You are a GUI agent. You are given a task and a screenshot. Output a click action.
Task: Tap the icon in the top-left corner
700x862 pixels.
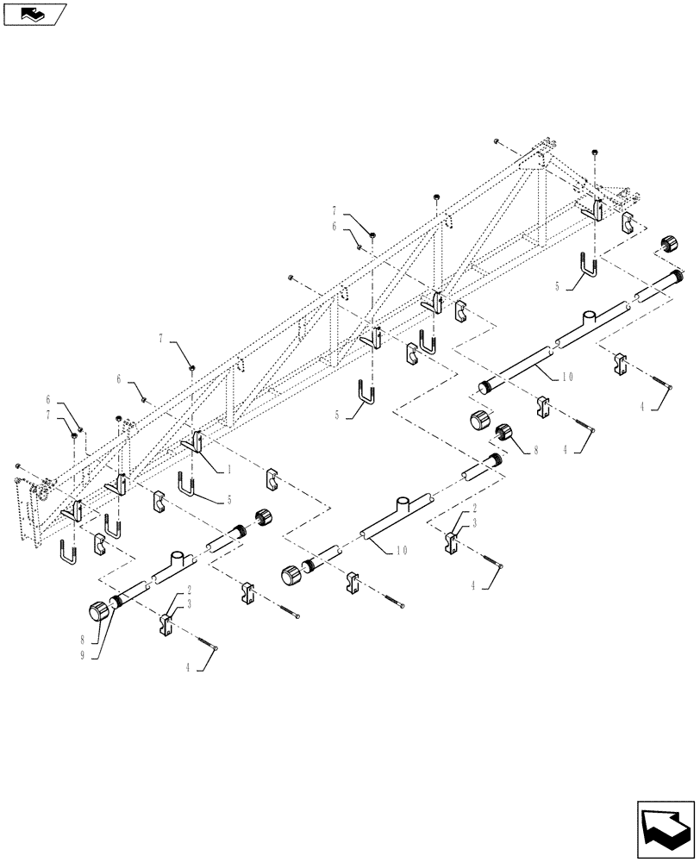[34, 14]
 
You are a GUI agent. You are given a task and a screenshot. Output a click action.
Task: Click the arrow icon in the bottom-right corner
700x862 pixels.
[666, 829]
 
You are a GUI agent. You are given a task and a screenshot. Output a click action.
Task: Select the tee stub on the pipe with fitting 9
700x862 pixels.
[177, 560]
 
